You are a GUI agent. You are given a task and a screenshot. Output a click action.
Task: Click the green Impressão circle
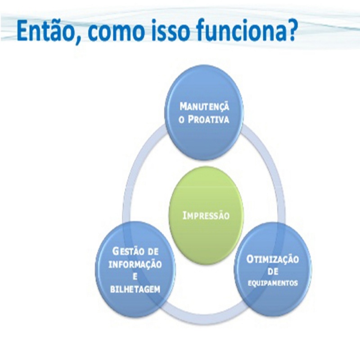[206, 216]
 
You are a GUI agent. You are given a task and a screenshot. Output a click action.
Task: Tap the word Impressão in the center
[206, 216]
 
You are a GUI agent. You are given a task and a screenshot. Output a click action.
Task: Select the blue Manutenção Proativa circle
[204, 115]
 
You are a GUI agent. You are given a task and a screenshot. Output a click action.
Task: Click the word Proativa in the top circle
[208, 120]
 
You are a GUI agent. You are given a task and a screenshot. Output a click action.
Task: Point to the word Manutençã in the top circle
[204, 106]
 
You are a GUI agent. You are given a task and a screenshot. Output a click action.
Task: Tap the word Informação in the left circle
[135, 264]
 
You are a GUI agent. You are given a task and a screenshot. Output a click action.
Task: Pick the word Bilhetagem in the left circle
[135, 289]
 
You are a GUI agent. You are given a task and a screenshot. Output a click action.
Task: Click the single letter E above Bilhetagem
[135, 277]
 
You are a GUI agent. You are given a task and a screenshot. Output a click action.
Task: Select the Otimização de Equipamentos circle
[273, 270]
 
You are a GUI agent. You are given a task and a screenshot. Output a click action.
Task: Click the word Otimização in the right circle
[273, 260]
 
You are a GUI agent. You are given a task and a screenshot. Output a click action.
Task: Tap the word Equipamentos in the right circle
[273, 283]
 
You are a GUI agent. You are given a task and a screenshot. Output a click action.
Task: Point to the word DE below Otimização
[273, 272]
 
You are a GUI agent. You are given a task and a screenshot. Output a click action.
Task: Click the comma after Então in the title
[79, 40]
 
